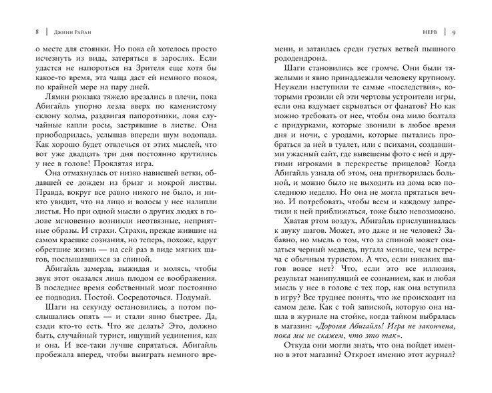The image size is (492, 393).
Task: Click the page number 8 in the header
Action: (26, 31)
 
